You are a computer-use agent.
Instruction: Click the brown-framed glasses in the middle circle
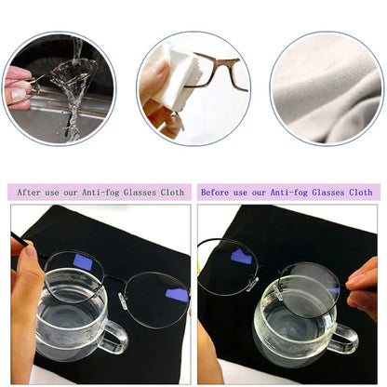click(222, 70)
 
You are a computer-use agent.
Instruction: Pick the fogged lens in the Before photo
click(307, 290)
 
